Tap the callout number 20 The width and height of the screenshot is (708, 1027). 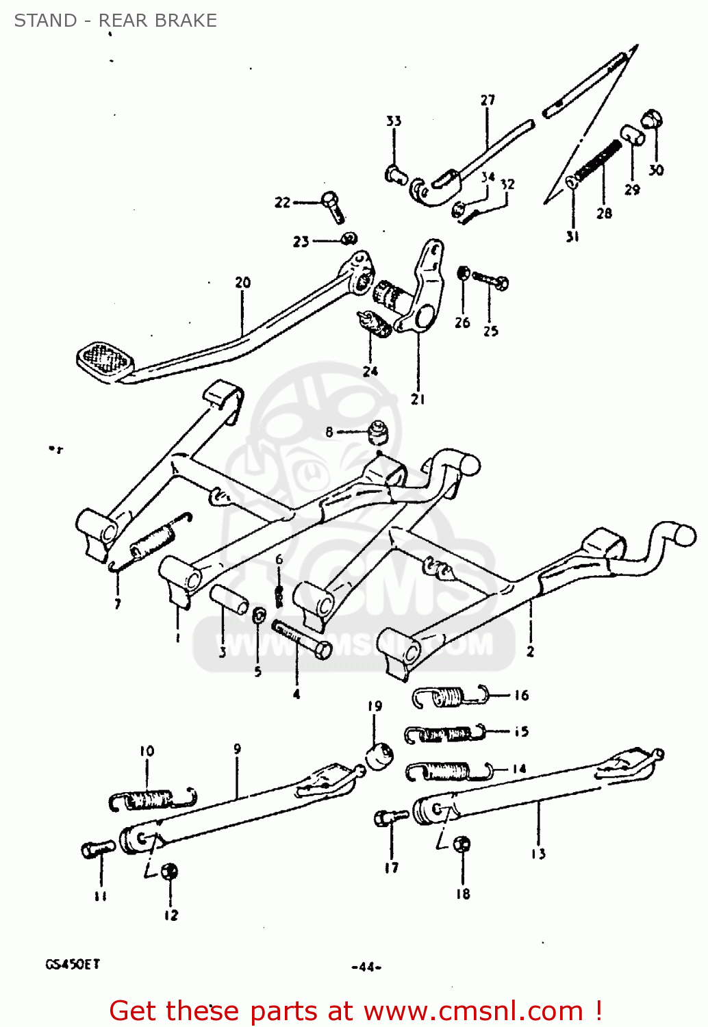pos(243,282)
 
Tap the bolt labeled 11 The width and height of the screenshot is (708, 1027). pos(97,850)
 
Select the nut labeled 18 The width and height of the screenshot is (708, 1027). pos(462,844)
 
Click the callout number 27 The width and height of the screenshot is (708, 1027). pos(488,100)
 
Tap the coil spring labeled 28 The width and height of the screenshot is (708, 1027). pos(598,163)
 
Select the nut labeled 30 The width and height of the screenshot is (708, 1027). pos(653,119)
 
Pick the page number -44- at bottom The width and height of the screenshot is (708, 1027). pos(366,967)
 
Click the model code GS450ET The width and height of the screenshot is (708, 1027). pos(73,964)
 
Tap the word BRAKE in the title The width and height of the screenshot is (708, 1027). pos(187,21)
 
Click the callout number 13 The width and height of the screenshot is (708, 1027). pos(538,854)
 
